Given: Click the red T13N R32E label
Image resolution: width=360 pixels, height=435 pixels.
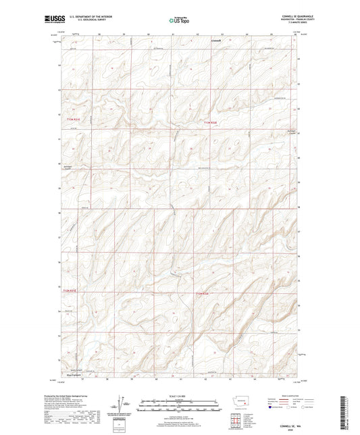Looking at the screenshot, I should (211, 122).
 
